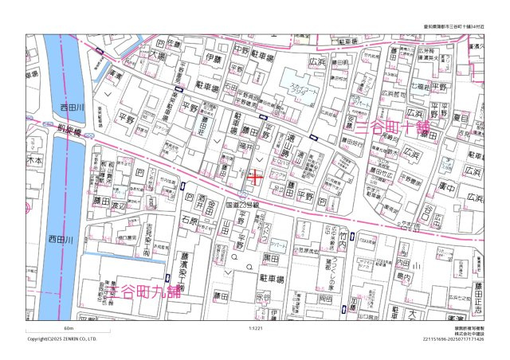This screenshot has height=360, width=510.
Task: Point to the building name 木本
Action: (x=34, y=160)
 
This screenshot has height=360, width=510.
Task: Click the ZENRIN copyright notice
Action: (x=62, y=338)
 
